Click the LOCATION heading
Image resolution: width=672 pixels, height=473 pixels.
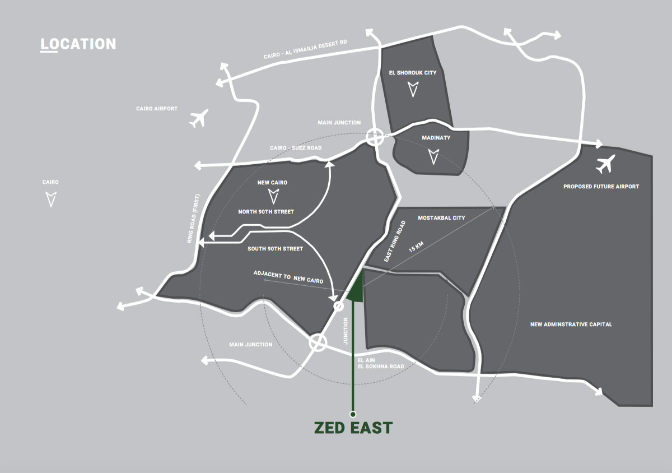tap(78, 44)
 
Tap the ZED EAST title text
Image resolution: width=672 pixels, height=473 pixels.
tap(352, 428)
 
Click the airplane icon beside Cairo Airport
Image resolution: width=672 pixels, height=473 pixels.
tap(198, 119)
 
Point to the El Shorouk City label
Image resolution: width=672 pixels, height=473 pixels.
tap(412, 73)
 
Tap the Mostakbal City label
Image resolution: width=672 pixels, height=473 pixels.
tap(441, 218)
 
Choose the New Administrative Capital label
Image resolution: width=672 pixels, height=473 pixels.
tap(571, 324)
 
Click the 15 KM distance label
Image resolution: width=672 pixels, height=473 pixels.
tap(416, 247)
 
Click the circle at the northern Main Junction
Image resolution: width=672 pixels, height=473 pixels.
tap(375, 137)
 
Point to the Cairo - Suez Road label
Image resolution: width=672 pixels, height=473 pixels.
tap(296, 148)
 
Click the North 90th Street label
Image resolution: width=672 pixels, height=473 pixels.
tap(266, 212)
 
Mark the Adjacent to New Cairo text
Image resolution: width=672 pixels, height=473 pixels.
tap(288, 277)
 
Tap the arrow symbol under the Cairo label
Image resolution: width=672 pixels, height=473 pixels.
tap(51, 198)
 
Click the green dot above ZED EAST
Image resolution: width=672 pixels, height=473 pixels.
tap(352, 414)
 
